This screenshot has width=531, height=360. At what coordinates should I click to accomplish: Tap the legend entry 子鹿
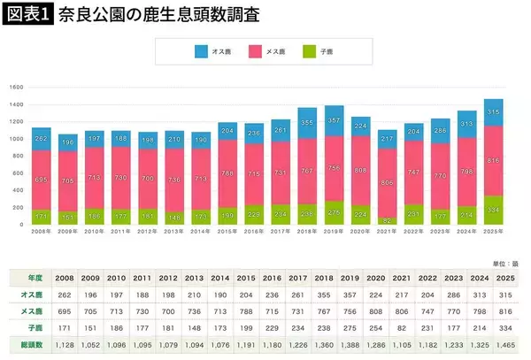[x=334, y=51]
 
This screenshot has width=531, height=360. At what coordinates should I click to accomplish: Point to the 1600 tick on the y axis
[x=15, y=88]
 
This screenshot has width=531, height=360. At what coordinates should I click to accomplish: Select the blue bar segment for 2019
[x=335, y=120]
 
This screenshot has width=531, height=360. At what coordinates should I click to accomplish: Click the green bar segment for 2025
[x=493, y=210]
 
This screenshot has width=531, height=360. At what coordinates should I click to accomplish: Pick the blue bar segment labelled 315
[x=493, y=111]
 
